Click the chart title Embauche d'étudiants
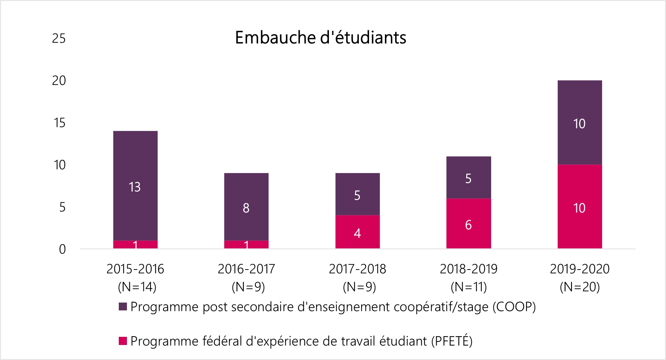coord(320,38)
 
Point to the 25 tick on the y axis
coord(59,39)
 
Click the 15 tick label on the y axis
coord(59,123)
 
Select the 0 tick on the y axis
coord(62,249)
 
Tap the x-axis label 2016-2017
coord(246,269)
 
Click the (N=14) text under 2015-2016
coord(137,287)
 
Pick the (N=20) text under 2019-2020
coord(580,287)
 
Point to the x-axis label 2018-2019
coord(468,269)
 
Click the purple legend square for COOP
coord(123,307)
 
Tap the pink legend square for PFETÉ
coord(123,341)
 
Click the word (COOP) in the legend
coord(514,307)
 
